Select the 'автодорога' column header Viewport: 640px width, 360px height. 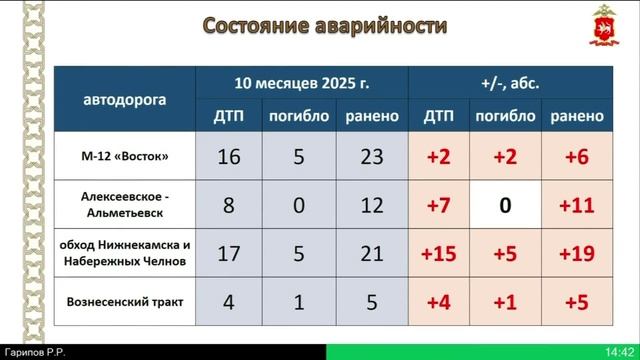pyautogui.click(x=125, y=100)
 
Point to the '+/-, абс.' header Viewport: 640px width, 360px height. pyautogui.click(x=510, y=83)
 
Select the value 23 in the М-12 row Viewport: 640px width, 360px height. pyautogui.click(x=371, y=157)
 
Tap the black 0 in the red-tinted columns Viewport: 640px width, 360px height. pyautogui.click(x=505, y=206)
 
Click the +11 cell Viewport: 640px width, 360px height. pyautogui.click(x=576, y=206)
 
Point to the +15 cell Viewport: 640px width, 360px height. pyautogui.click(x=439, y=254)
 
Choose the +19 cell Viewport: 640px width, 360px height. pyautogui.click(x=576, y=254)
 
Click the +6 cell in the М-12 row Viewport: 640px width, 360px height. pyautogui.click(x=576, y=157)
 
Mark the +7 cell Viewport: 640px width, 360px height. pyautogui.click(x=439, y=206)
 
